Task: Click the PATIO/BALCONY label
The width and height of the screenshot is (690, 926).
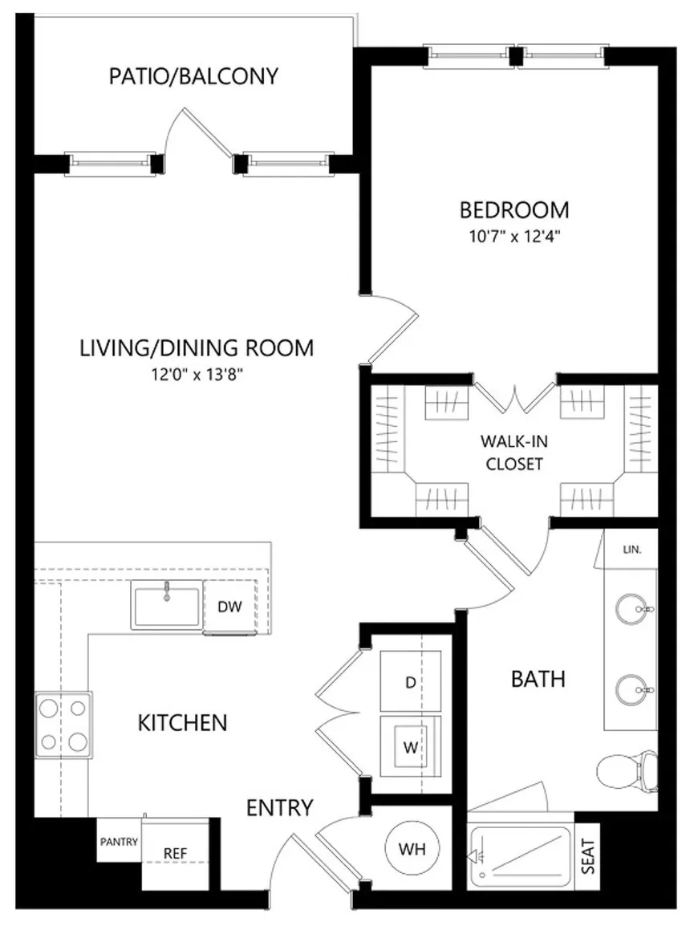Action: click(x=193, y=76)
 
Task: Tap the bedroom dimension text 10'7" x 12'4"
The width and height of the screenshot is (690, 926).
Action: click(x=514, y=237)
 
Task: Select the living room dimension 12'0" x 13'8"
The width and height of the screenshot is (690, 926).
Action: click(x=197, y=375)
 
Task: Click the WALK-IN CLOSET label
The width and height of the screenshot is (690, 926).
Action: click(x=514, y=453)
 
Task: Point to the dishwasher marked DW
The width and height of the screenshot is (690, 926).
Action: click(x=230, y=607)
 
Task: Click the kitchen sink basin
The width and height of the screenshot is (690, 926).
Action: click(x=166, y=605)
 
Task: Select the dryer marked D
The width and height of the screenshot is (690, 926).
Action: click(x=410, y=681)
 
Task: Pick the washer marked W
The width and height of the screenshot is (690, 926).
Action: click(x=410, y=746)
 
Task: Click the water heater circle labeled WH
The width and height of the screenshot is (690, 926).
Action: click(x=412, y=849)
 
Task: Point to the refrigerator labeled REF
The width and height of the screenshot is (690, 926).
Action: click(x=175, y=853)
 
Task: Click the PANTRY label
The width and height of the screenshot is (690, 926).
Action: click(x=120, y=842)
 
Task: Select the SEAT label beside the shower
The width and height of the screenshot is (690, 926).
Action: click(x=588, y=857)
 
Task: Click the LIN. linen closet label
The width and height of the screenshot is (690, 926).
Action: click(x=632, y=550)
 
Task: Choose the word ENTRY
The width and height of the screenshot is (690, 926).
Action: click(x=279, y=807)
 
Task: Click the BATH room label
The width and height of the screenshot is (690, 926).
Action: click(x=538, y=679)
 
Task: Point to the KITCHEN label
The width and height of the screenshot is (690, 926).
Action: click(x=182, y=723)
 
